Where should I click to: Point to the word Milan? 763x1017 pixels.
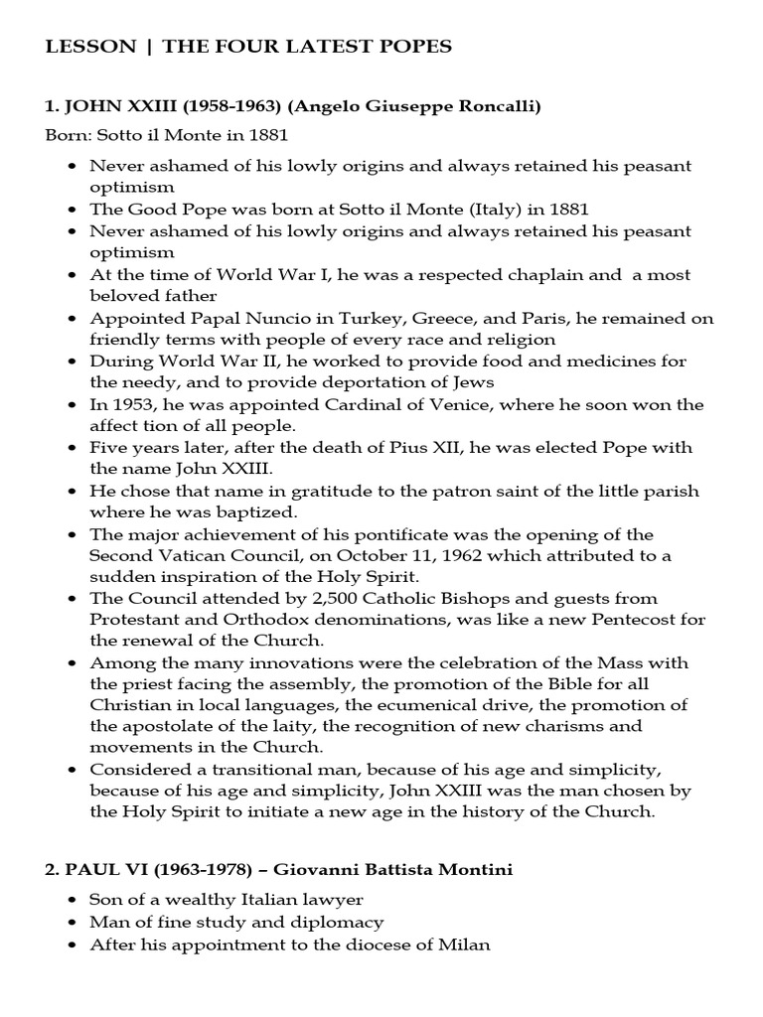click(x=465, y=944)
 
